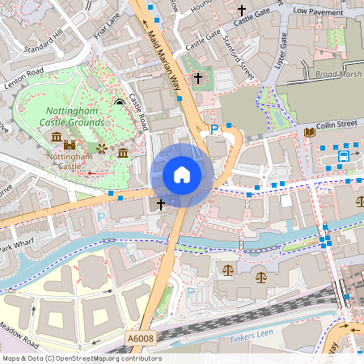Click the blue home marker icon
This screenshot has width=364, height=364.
pyautogui.click(x=182, y=174)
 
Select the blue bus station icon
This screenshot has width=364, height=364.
pyautogui.click(x=344, y=155)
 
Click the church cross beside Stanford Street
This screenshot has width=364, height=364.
pyautogui.click(x=198, y=78)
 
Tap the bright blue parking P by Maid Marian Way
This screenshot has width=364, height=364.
pyautogui.click(x=214, y=129)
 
